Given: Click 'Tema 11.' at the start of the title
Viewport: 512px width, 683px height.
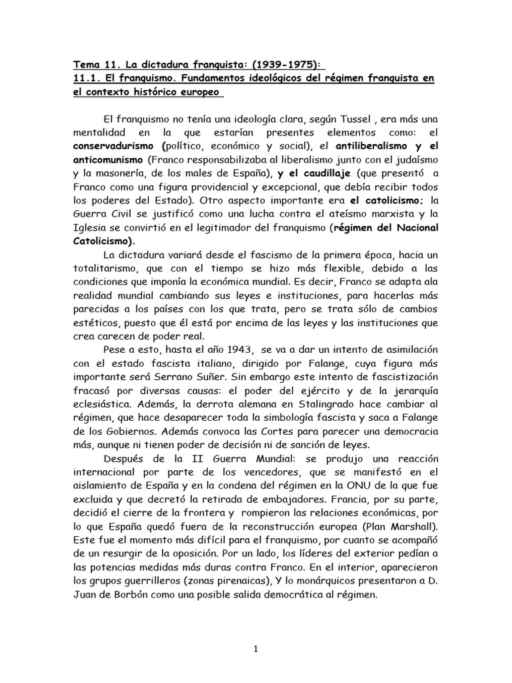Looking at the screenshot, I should click(93, 65).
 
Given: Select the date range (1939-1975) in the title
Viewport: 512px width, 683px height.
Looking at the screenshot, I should click(287, 65).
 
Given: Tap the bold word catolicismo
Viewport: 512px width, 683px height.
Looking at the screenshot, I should click(389, 201).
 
